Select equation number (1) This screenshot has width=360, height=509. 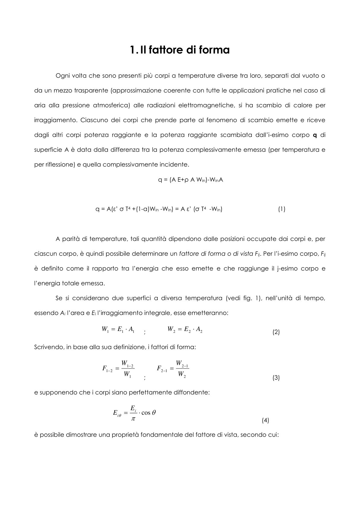[x=281, y=209]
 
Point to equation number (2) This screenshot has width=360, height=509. [x=276, y=332]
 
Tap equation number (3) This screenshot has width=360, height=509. [x=276, y=378]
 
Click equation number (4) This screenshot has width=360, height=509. [x=265, y=420]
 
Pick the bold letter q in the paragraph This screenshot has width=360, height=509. [x=314, y=135]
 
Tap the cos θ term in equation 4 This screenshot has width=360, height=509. [x=148, y=413]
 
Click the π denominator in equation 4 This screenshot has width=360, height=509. [x=133, y=419]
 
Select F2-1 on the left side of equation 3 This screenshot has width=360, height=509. [x=162, y=369]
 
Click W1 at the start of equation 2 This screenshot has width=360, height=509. [x=105, y=330]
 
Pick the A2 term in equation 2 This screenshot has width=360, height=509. [x=199, y=330]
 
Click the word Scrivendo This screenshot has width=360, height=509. [x=48, y=347]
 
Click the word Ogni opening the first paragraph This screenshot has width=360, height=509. [x=63, y=76]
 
